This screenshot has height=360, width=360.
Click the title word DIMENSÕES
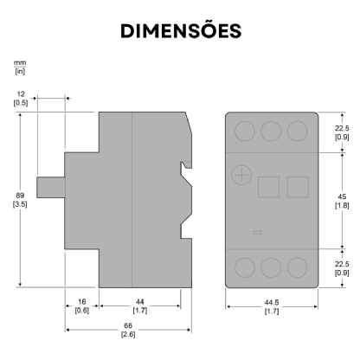[179, 30]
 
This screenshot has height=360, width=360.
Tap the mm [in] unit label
[18, 67]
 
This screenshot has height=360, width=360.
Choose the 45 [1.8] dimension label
[341, 202]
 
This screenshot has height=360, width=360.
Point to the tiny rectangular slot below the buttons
[256, 232]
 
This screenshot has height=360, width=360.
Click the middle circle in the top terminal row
[270, 132]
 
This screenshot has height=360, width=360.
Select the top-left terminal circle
[244, 132]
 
